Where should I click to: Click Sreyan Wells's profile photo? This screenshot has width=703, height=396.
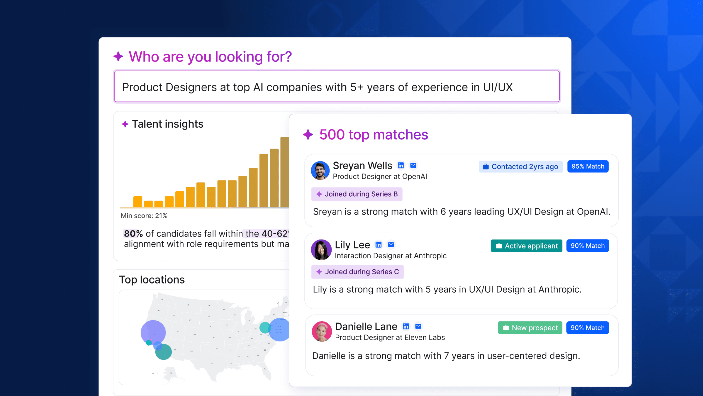pos(320,170)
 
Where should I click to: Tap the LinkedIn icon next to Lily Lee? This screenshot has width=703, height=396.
pos(378,245)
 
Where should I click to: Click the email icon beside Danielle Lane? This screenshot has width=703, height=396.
pos(418,326)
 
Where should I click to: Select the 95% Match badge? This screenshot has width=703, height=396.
pos(588,167)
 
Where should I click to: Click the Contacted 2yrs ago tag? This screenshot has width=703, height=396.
pos(520,167)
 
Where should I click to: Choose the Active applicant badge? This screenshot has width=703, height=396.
pos(526,246)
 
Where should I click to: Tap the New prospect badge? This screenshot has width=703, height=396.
pos(530,328)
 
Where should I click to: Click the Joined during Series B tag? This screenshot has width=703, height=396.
pos(357,194)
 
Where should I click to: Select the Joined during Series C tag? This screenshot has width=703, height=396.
pos(357,272)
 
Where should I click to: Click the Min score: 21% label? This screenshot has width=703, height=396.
pos(144,216)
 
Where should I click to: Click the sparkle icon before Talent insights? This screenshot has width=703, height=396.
pos(125,124)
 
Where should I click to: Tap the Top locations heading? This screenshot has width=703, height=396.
pos(152,279)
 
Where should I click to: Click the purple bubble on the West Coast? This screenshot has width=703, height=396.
pos(153,332)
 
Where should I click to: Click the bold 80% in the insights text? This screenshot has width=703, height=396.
pos(133,234)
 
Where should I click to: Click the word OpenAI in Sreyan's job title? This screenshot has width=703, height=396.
pos(414,177)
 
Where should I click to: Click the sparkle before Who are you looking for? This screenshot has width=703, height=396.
pos(119,56)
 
